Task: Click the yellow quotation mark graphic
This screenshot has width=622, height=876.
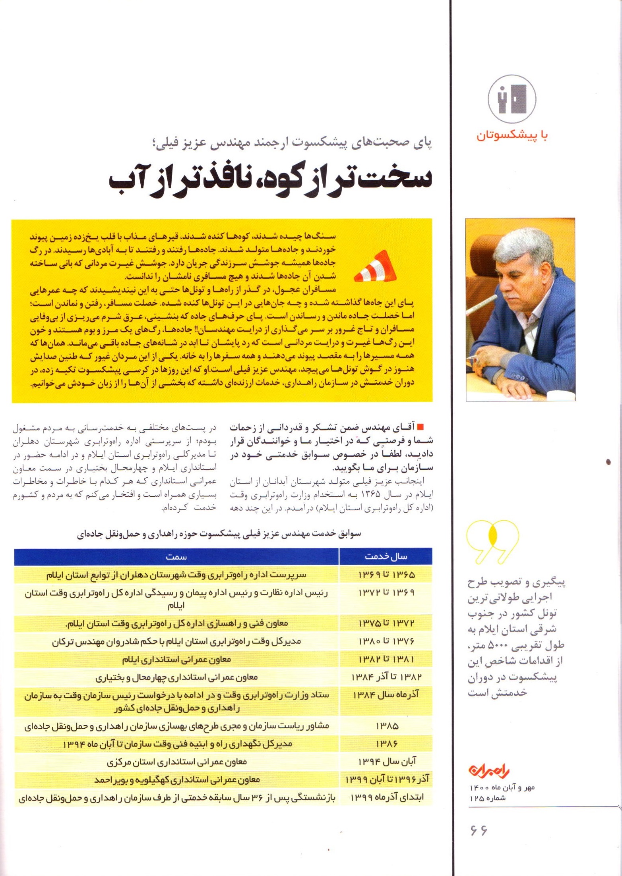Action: point(493,542)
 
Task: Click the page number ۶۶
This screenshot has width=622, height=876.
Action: point(479,830)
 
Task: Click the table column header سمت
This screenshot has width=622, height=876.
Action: point(176,557)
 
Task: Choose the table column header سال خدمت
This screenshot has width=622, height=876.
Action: point(386,557)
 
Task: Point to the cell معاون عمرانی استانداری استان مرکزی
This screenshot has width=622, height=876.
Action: point(176,762)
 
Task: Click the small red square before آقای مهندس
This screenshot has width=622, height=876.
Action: point(421,427)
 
